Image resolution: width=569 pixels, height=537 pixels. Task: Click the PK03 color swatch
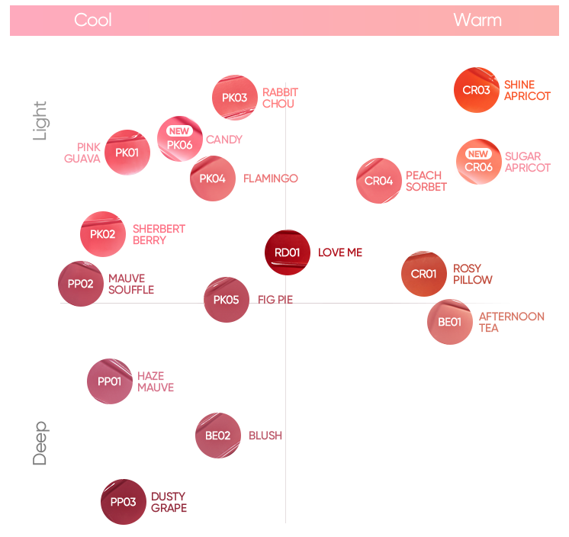[x=234, y=98]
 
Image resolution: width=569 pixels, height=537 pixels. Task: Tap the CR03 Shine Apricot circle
[x=476, y=90]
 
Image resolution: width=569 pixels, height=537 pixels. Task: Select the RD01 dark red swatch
[x=287, y=252]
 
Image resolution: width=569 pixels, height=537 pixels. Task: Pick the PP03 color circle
[x=123, y=502]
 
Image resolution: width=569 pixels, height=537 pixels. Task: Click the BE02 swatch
[x=217, y=436]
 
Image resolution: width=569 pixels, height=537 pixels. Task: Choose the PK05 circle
[x=227, y=300]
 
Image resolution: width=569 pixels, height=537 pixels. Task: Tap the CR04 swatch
[x=378, y=181]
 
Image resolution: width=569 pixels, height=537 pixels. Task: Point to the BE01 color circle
[x=449, y=322]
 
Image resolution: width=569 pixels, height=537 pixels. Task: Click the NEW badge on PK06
[x=179, y=131]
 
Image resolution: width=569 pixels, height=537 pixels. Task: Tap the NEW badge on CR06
[x=478, y=154]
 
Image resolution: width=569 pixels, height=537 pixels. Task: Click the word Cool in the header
[x=93, y=20]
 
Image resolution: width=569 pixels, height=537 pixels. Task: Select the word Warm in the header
[x=477, y=20]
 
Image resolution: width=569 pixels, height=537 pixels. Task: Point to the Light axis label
[x=40, y=121]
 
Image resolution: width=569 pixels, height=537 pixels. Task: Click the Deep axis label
[x=40, y=443]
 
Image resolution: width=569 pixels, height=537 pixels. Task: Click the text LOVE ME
[x=340, y=252]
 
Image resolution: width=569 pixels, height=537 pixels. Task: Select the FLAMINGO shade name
[x=270, y=178]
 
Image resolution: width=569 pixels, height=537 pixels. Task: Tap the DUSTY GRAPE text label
[x=169, y=502]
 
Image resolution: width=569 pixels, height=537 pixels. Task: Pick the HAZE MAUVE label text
[x=156, y=381]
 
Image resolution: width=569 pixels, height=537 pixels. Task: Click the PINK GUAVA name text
[x=82, y=153]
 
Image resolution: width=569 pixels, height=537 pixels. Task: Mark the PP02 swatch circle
[x=80, y=284]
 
